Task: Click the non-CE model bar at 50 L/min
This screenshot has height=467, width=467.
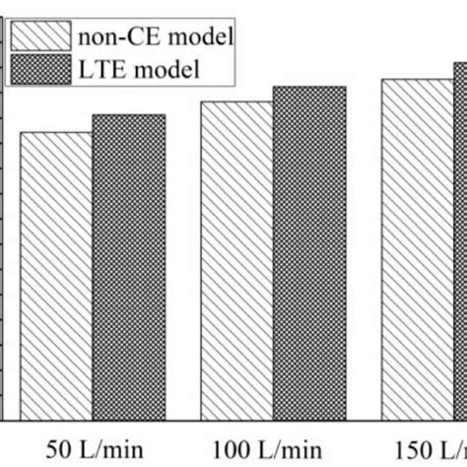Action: [x=56, y=276]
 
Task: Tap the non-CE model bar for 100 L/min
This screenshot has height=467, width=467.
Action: [x=236, y=261]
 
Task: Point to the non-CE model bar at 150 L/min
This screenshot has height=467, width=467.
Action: [x=417, y=250]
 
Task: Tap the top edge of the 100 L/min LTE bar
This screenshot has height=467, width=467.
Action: [x=309, y=87]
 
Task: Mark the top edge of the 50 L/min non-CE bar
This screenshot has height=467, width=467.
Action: [x=56, y=132]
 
